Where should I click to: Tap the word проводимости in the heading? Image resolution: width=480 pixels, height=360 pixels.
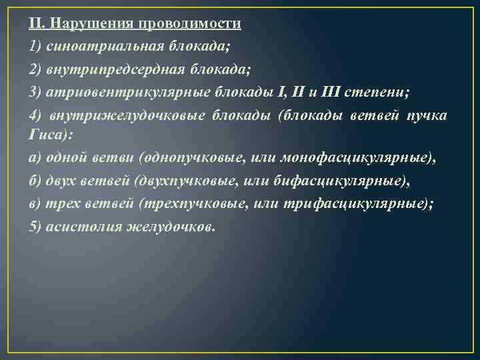point(191,24)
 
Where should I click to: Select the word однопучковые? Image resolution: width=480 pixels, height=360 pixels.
point(183,158)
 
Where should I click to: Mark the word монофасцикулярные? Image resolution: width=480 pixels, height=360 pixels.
point(355,158)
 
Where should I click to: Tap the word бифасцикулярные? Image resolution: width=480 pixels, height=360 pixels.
point(333,181)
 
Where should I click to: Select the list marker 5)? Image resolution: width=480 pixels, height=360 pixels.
point(36,226)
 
